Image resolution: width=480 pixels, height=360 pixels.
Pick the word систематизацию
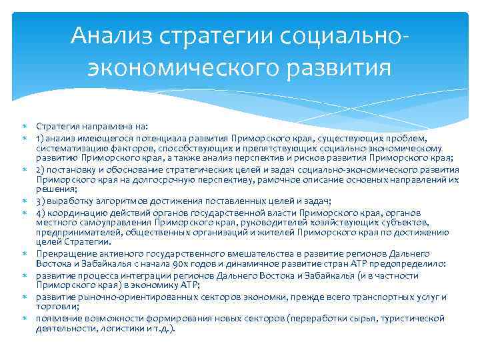(x=69, y=148)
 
